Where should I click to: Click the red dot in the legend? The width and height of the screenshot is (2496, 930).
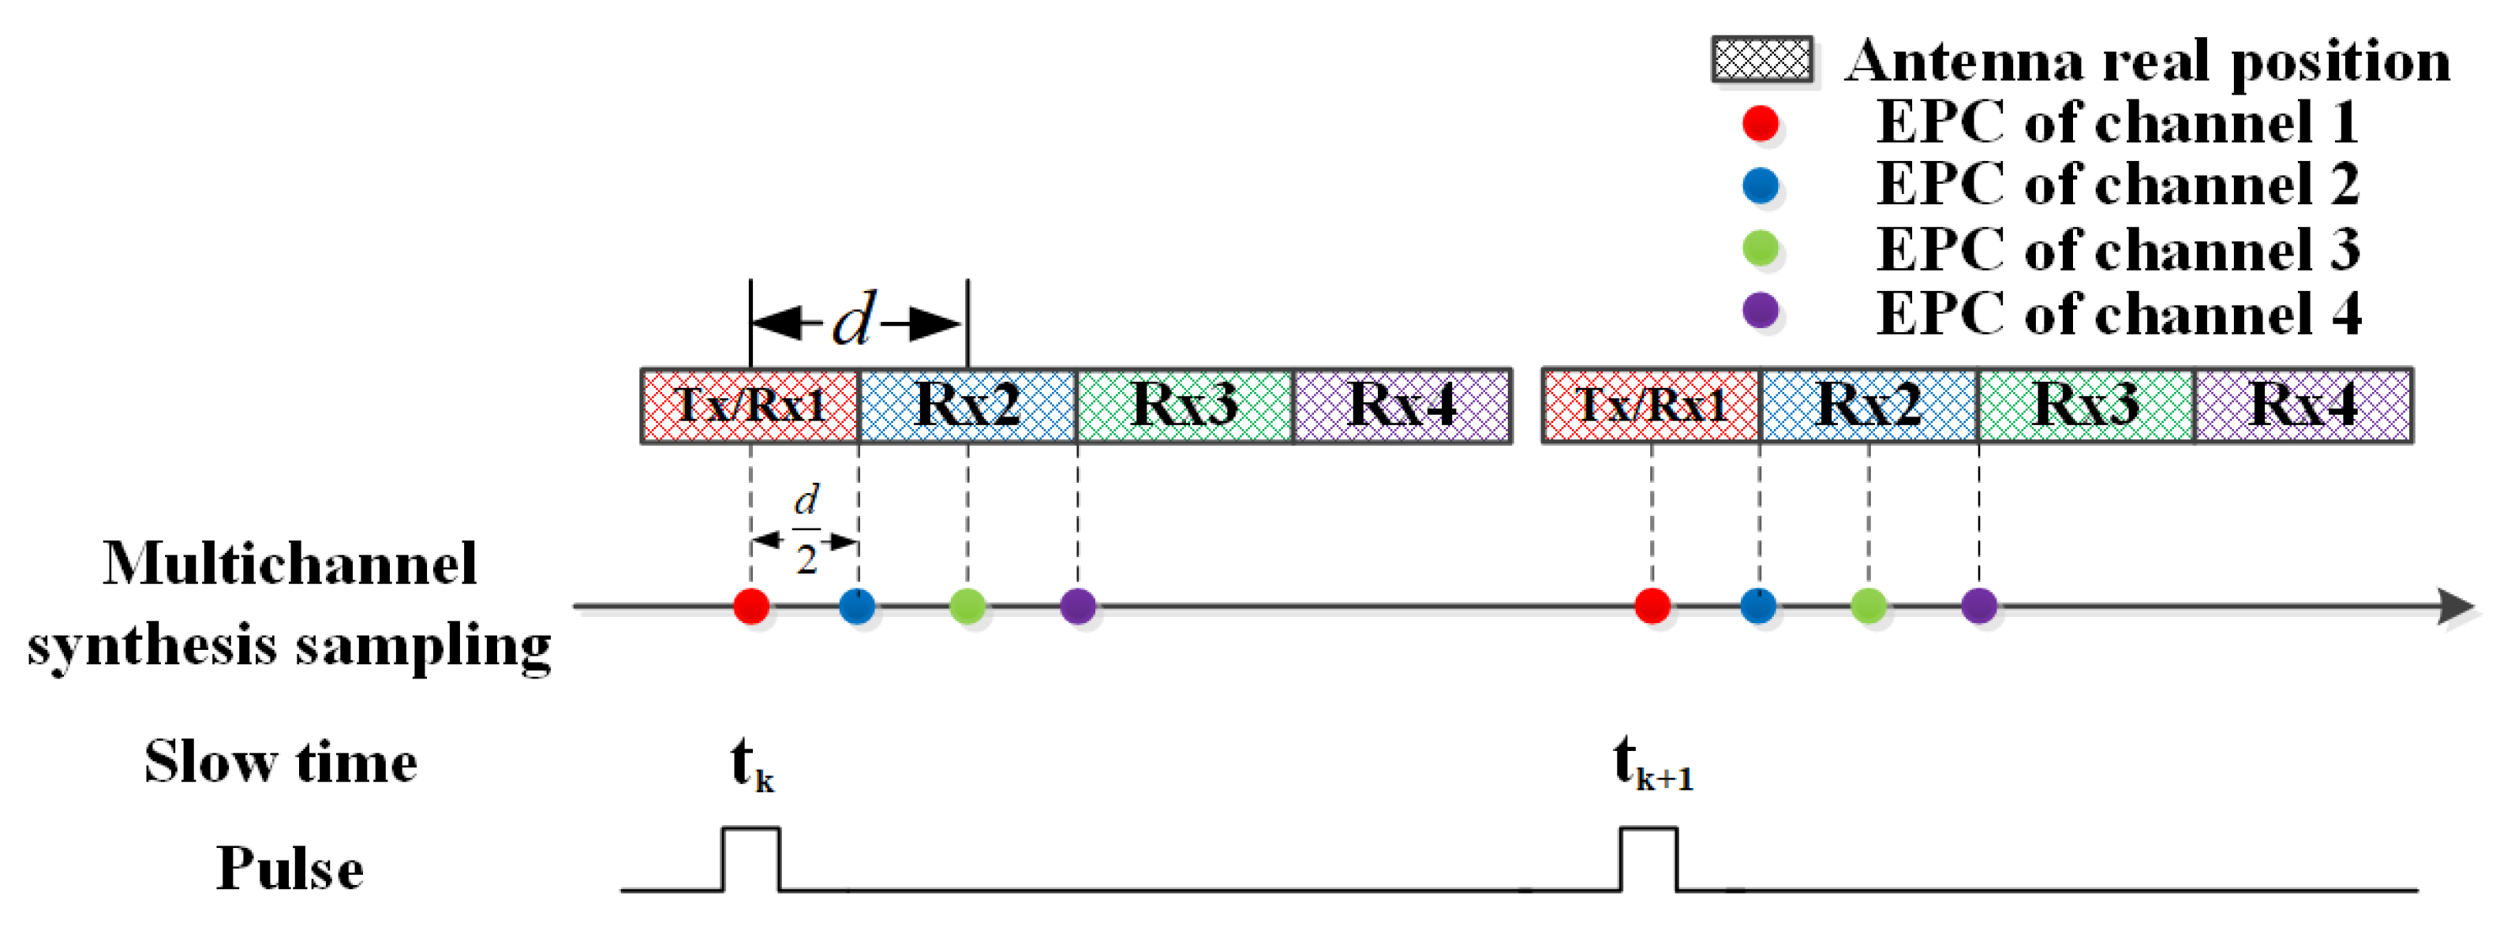1760,123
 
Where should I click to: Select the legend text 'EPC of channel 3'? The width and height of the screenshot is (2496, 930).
2118,250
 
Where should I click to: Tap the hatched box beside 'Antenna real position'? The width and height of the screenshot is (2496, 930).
1761,60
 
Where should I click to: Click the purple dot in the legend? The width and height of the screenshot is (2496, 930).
1760,311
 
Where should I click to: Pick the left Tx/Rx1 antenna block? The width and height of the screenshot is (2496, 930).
750,405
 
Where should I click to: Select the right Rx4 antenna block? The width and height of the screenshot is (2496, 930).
2303,405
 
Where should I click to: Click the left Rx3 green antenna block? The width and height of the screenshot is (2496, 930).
1184,405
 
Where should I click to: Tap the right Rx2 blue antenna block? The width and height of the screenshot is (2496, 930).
1868,405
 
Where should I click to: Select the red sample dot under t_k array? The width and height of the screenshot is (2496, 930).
751,607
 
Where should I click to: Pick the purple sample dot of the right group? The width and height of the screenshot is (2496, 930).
1978,607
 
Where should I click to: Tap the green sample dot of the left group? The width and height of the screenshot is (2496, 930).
967,607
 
